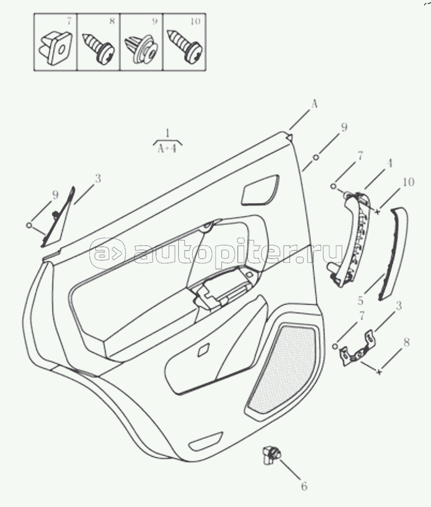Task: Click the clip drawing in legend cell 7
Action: (55, 48)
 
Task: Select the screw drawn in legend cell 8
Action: (97, 47)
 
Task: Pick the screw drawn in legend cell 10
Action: (184, 46)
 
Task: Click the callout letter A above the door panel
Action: (314, 104)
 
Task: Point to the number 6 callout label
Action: (304, 486)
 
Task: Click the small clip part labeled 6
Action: (271, 454)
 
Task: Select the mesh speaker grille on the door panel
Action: (280, 369)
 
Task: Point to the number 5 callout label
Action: (361, 301)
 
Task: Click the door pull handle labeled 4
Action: (351, 238)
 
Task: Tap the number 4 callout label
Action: (389, 163)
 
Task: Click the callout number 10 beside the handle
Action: (409, 182)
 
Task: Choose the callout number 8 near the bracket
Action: (407, 342)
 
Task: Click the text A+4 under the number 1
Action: (167, 149)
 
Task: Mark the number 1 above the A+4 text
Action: (167, 133)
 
